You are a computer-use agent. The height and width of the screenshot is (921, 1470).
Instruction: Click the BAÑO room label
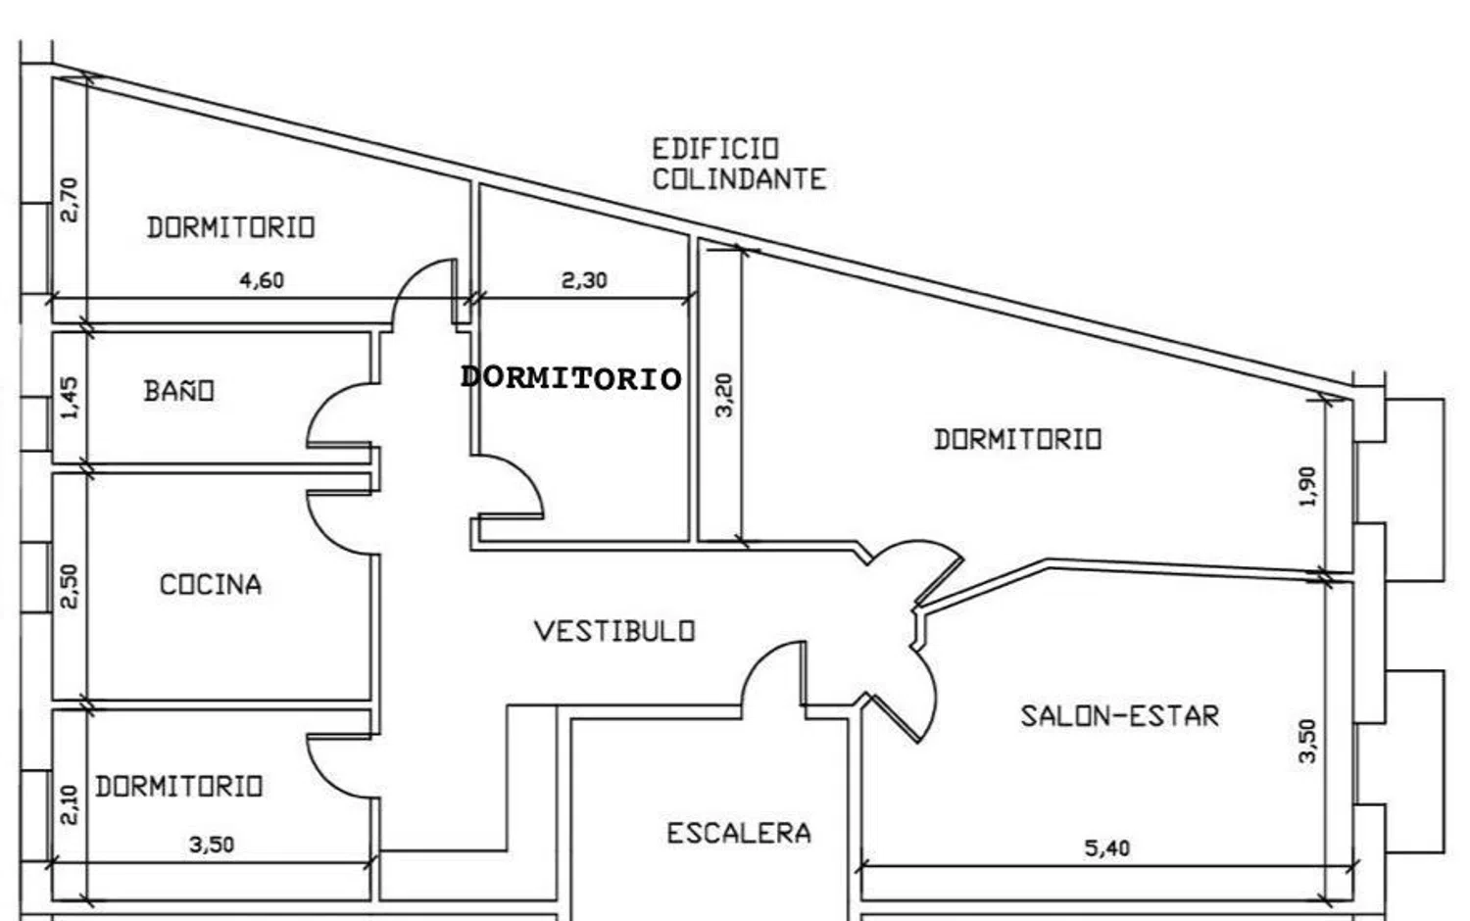179,391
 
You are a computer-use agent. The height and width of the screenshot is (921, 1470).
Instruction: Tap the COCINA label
211,585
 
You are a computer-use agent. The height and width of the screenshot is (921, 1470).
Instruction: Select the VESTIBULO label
614,631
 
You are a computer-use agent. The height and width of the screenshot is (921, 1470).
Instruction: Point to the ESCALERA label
739,834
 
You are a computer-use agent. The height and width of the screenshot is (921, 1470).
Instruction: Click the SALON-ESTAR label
1119,716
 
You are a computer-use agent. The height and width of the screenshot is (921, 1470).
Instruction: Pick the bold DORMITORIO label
570,378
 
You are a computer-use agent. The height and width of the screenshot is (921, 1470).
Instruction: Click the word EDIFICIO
715,149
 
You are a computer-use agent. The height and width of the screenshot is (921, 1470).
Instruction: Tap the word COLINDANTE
739,179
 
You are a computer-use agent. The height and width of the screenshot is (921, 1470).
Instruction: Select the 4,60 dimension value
262,280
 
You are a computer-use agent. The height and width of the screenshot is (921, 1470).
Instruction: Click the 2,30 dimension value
584,280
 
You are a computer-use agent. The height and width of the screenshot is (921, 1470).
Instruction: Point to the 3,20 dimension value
724,395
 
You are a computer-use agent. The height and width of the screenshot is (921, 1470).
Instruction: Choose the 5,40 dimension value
1106,848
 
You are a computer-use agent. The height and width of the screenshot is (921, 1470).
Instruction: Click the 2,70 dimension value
69,199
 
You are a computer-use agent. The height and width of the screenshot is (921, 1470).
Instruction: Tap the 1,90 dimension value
1308,486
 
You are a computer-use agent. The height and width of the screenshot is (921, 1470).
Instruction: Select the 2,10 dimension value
69,805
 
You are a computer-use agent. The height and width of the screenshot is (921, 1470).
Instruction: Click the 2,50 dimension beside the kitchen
69,586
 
